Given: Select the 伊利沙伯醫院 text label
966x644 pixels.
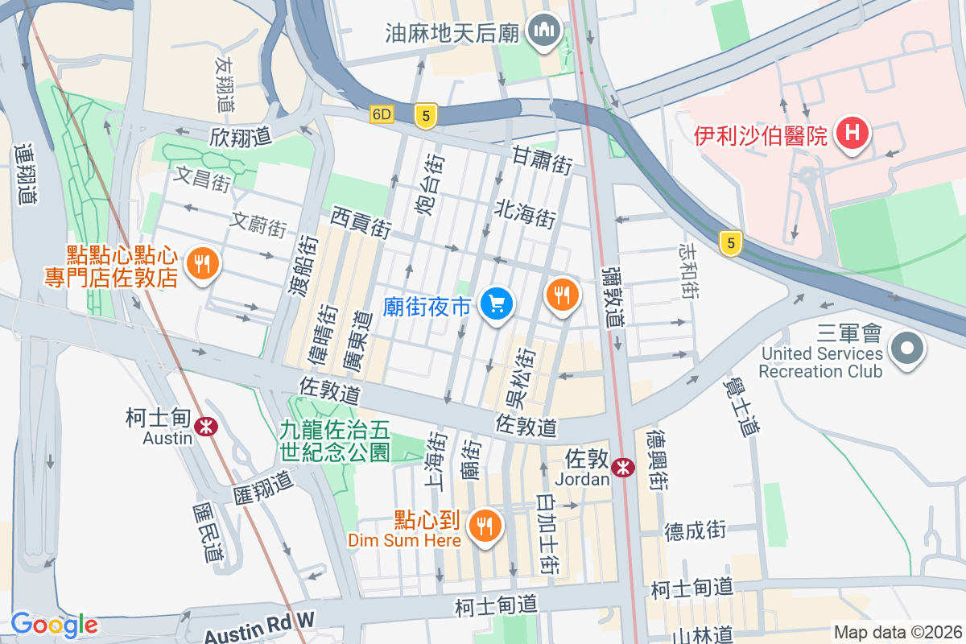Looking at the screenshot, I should click(761, 135).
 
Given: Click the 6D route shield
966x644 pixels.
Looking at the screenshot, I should click(382, 115).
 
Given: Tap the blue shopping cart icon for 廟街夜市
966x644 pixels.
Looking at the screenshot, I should click(497, 304).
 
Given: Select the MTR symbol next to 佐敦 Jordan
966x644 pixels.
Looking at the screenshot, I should click(621, 467).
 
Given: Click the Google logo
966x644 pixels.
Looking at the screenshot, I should click(54, 625).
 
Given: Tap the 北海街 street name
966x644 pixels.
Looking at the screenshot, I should click(526, 213).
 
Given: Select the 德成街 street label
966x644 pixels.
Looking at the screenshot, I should click(696, 530).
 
